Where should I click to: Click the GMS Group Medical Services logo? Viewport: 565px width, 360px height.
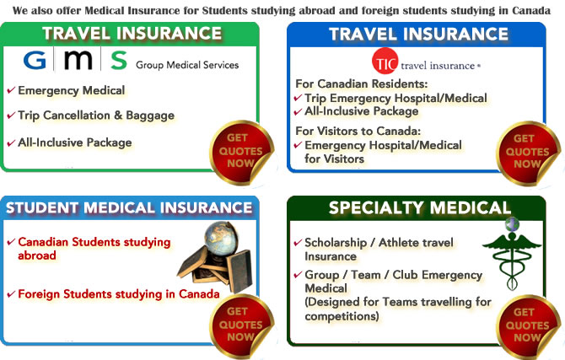point(131,62)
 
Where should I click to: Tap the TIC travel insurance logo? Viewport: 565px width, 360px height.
point(426,63)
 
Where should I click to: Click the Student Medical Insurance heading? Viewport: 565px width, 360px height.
point(129,207)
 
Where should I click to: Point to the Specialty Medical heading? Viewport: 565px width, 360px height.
point(419,207)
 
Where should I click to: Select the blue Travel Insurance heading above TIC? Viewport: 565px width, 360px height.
point(419,35)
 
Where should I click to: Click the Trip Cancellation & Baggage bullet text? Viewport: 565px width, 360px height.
point(95,116)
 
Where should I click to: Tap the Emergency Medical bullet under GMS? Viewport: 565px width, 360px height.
point(71,90)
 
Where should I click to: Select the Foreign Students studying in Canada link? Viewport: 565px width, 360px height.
point(118,294)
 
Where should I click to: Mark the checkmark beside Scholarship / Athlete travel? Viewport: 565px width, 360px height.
point(298,243)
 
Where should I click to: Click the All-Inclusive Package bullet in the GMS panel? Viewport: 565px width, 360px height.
point(74,142)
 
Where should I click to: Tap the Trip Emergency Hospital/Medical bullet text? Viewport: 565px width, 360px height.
point(395,98)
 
